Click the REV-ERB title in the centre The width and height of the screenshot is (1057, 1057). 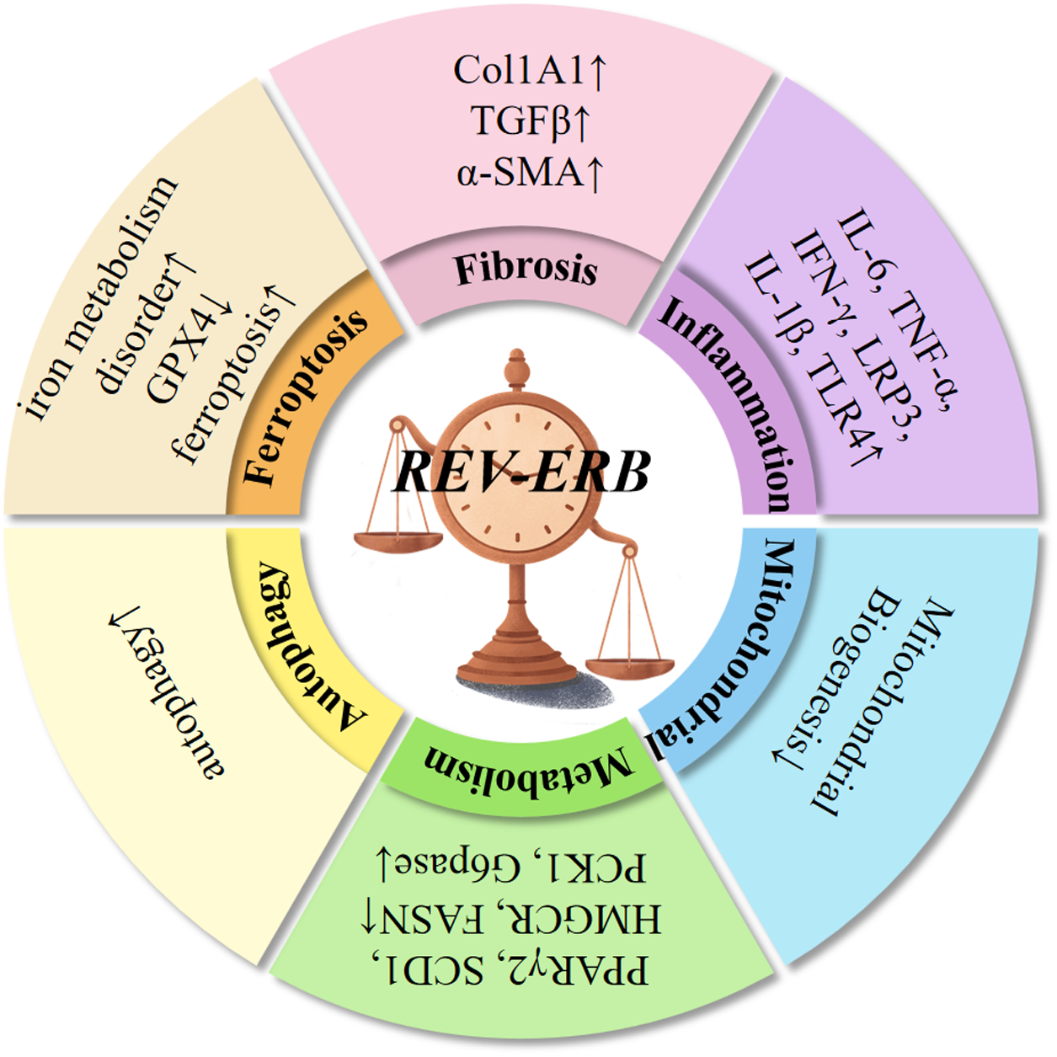(x=521, y=472)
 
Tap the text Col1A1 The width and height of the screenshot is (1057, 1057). (x=519, y=71)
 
